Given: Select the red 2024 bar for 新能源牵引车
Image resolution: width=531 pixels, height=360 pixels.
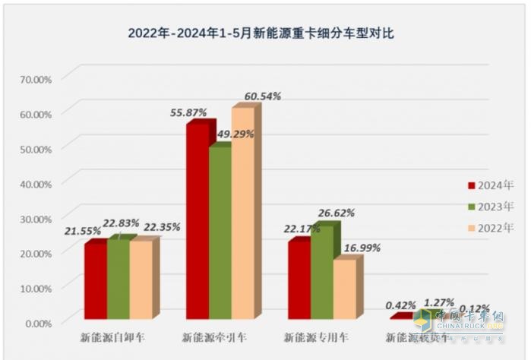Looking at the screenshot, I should [x=197, y=220].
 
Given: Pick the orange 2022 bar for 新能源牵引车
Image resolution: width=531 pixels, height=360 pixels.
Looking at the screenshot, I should [x=242, y=213].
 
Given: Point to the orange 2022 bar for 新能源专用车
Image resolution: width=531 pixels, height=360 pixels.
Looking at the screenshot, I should [x=344, y=288].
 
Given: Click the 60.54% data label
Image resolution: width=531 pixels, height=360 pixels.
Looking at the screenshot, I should [x=262, y=96].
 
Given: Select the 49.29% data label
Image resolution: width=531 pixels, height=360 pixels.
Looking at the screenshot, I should [x=235, y=134].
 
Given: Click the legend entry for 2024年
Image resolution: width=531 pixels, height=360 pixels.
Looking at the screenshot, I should [x=480, y=185].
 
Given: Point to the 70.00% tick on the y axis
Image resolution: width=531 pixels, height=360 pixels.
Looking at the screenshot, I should [x=36, y=78].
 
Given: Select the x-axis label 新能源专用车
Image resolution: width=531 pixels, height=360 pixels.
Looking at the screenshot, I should [x=311, y=336].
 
